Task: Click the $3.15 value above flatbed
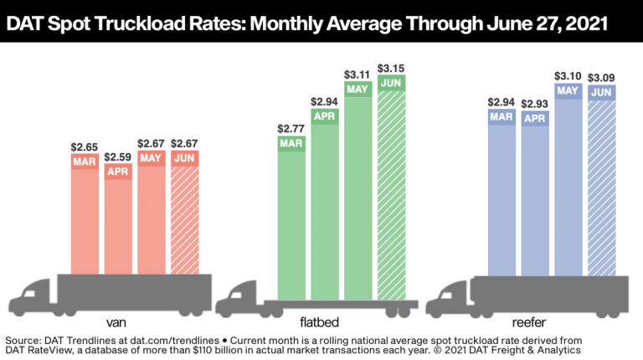pyautogui.click(x=391, y=67)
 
